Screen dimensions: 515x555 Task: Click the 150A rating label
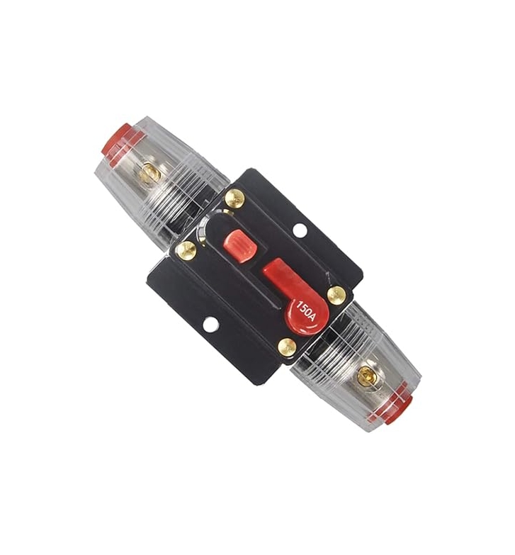(306, 310)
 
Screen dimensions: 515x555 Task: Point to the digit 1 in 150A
(299, 304)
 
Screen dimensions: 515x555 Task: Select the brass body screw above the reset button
(234, 198)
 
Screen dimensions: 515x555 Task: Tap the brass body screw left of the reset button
(186, 250)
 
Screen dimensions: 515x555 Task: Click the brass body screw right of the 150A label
(336, 294)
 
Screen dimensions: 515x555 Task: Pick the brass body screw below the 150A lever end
(287, 347)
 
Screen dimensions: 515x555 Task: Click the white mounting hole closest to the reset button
(300, 230)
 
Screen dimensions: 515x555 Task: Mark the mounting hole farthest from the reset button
(210, 323)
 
